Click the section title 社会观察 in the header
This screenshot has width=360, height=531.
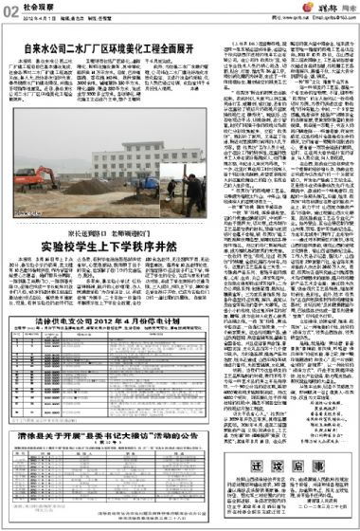click(x=36, y=11)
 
